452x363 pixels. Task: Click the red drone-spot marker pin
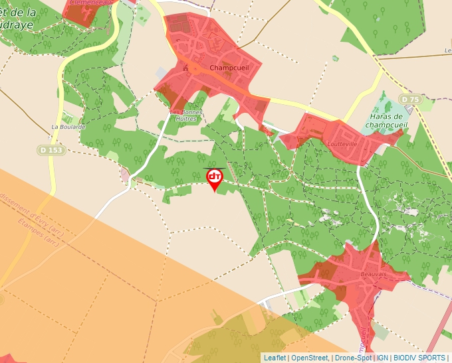(215, 178)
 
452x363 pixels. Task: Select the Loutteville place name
(342, 143)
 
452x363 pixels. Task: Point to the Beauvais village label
(374, 273)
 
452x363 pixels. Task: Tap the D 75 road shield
(410, 100)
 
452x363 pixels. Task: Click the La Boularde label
(68, 126)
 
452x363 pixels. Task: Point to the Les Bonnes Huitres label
(186, 115)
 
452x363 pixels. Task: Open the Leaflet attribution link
(275, 358)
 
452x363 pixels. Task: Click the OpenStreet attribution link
(309, 358)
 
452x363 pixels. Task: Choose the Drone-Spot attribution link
(353, 358)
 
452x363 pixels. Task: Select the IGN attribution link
(383, 358)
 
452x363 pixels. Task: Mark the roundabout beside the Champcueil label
(197, 68)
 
